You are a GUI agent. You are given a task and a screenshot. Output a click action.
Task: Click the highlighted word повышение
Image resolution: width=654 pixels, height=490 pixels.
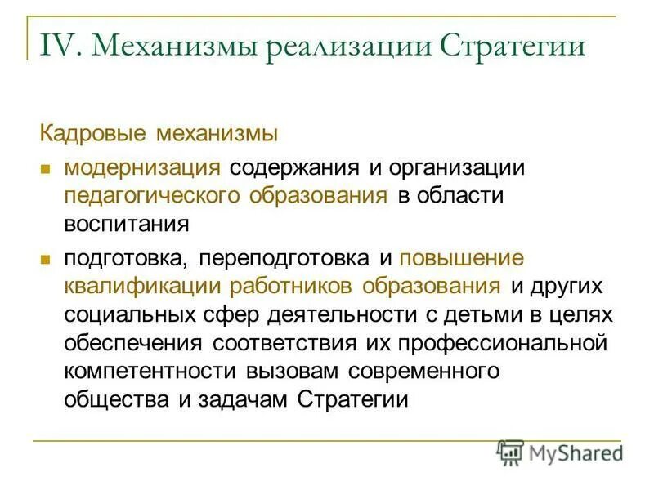(461, 258)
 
